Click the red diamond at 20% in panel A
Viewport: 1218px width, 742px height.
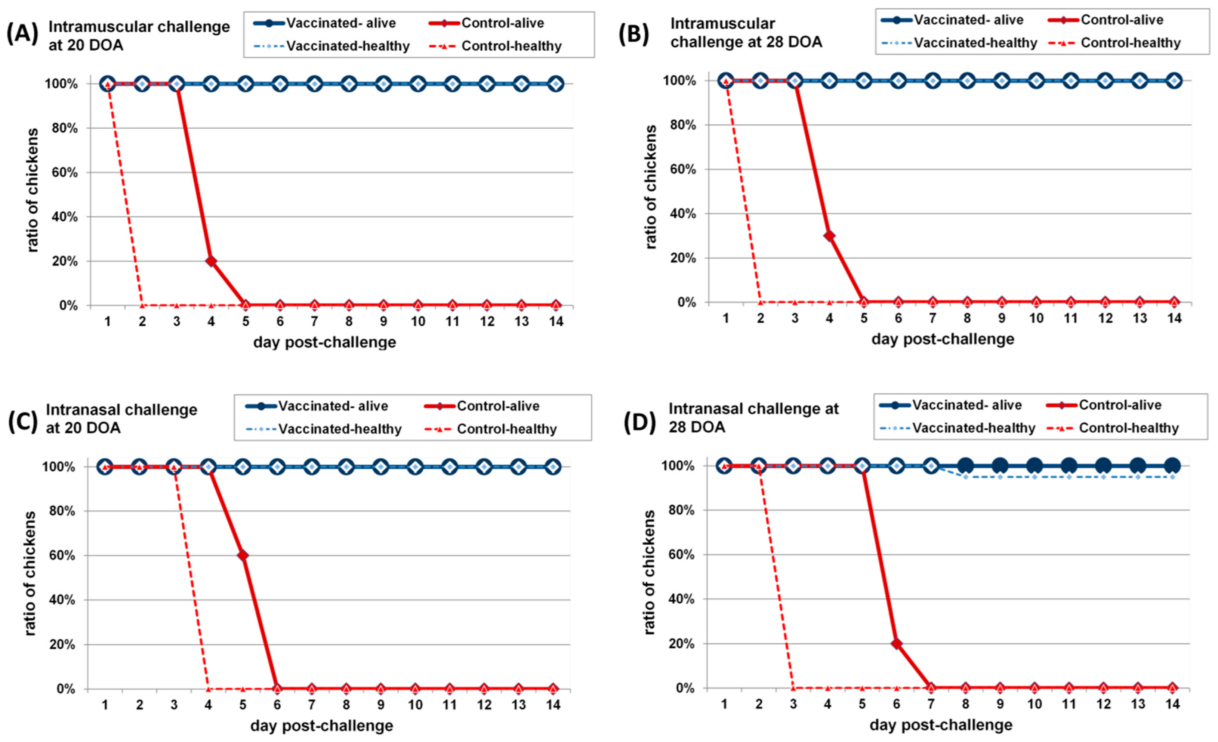click(211, 261)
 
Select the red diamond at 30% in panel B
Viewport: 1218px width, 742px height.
click(830, 236)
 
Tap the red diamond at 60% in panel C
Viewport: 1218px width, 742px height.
click(243, 555)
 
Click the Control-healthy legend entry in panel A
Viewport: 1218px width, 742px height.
click(499, 46)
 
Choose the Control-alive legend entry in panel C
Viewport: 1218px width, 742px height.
click(482, 406)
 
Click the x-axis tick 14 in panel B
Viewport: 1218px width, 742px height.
click(1174, 318)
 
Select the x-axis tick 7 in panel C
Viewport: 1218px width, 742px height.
click(312, 704)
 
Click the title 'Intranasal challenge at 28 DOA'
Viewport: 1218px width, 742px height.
click(753, 418)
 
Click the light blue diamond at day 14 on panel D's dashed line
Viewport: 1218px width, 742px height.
click(1173, 477)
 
